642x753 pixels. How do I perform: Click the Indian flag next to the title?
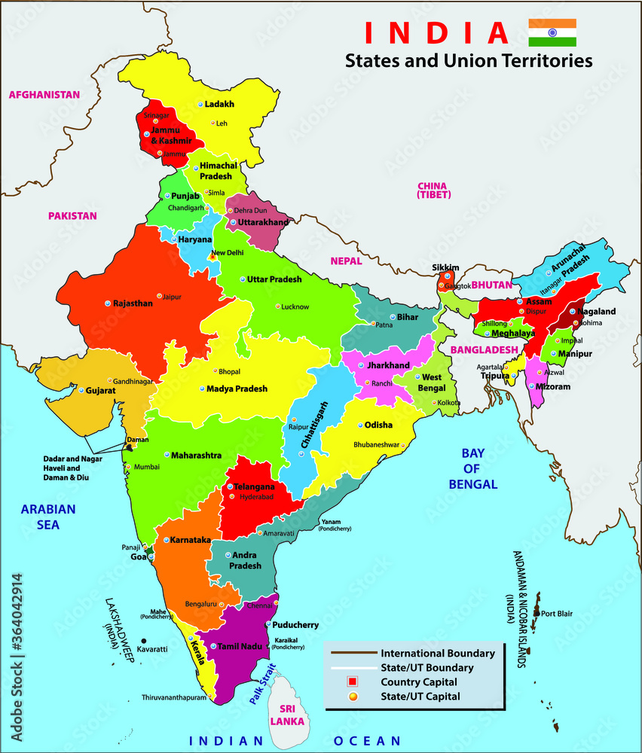[552, 32]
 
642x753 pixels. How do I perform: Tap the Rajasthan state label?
[133, 303]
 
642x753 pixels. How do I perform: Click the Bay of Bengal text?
[472, 468]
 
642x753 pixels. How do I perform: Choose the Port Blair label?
[557, 614]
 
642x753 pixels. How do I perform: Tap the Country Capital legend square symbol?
[353, 681]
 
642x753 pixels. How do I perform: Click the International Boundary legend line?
[353, 653]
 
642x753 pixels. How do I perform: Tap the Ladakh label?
[220, 104]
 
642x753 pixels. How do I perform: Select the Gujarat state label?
[100, 392]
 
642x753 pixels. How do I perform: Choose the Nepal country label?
[346, 261]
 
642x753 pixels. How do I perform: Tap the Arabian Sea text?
[48, 517]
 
